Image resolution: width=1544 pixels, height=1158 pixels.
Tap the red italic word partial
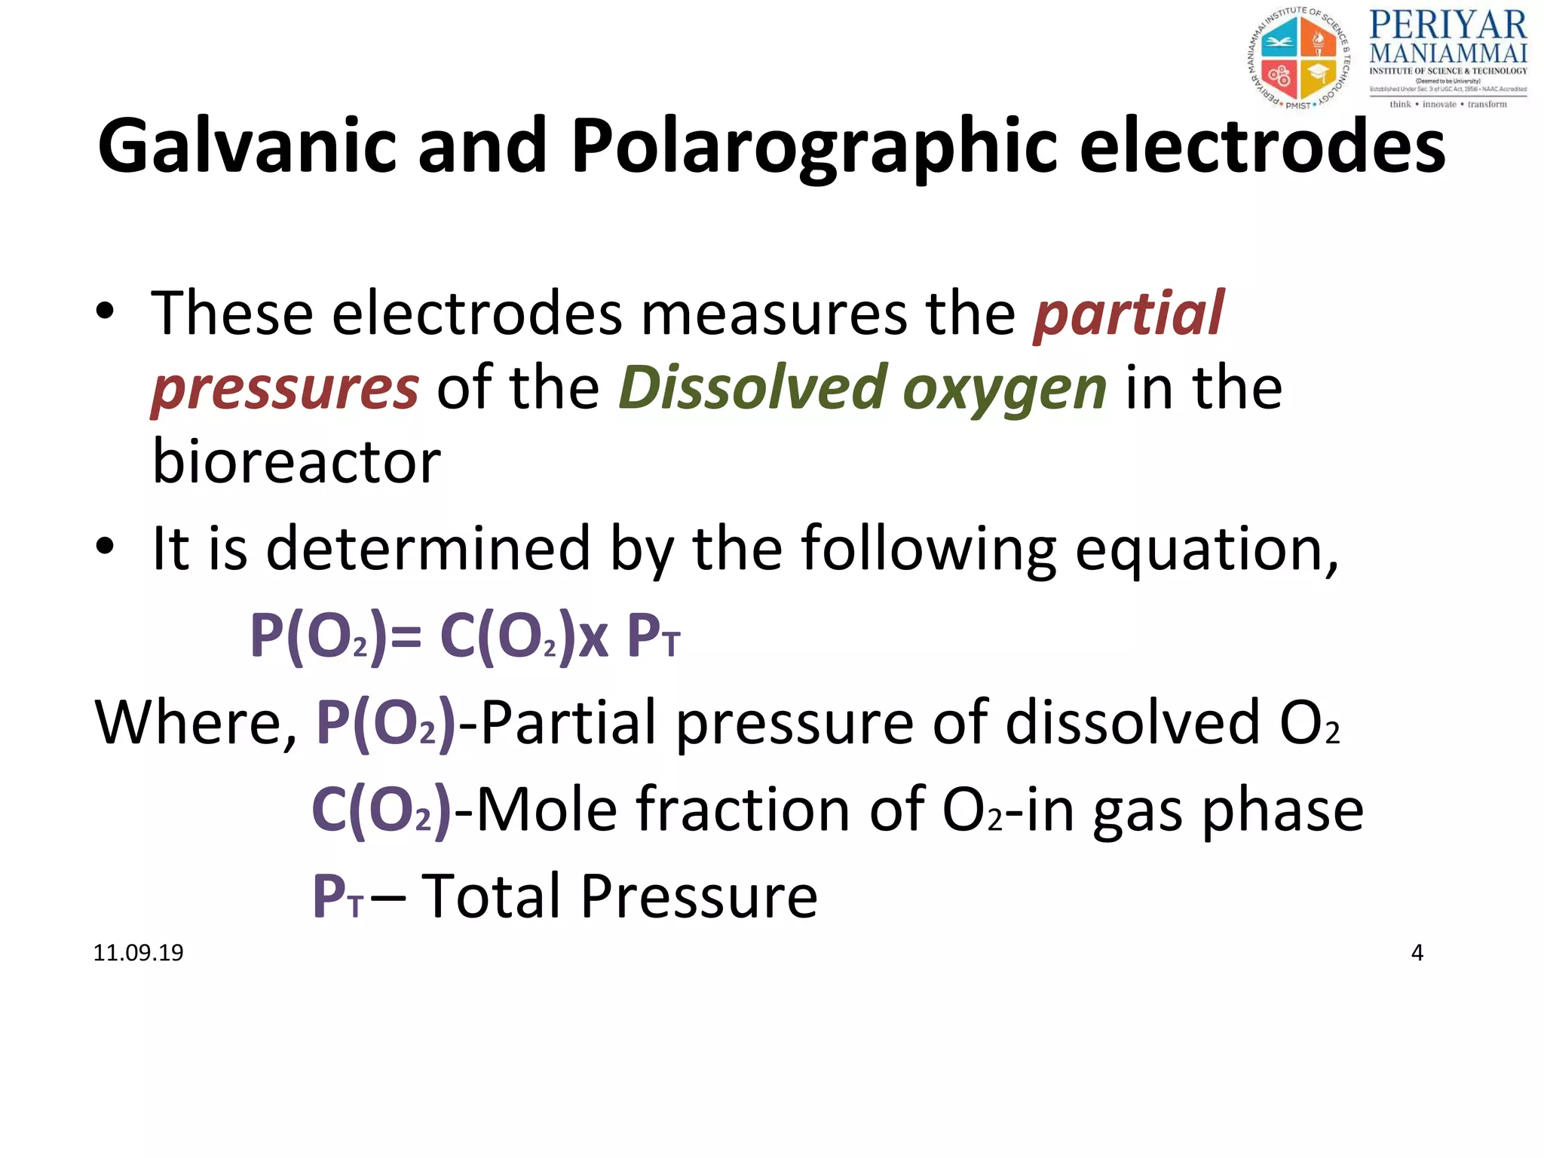click(1129, 314)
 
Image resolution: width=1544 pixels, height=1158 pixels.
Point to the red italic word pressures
click(286, 388)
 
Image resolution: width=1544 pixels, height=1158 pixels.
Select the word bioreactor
click(296, 461)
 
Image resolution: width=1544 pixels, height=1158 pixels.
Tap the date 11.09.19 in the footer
click(138, 953)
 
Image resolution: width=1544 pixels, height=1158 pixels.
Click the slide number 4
click(1417, 953)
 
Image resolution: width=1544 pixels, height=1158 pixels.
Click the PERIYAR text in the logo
click(1447, 26)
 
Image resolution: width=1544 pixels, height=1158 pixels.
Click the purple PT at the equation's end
click(653, 637)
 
